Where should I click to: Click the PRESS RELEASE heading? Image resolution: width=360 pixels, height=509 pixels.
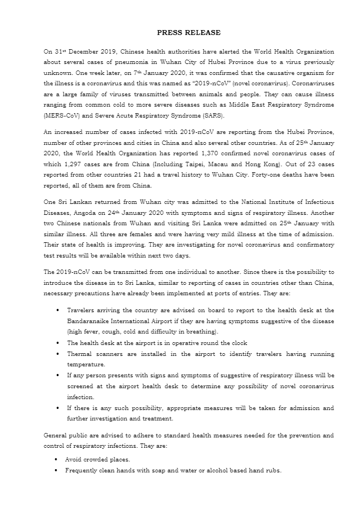(181, 33)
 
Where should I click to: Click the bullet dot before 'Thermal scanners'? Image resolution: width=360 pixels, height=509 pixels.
(57, 354)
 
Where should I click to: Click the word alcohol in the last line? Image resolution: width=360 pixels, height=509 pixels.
(223, 470)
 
